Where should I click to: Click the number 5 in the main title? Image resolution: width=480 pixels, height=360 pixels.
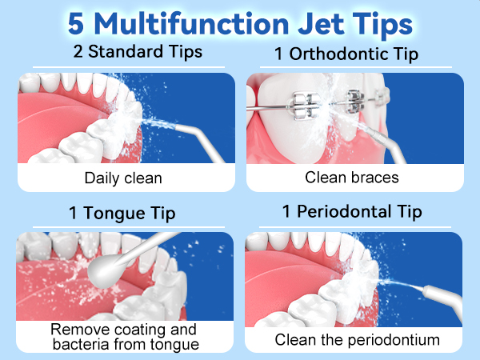[x=76, y=24]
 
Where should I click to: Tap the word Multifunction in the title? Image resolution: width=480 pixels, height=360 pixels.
[x=192, y=23]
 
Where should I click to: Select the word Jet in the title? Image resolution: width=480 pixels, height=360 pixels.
[x=321, y=24]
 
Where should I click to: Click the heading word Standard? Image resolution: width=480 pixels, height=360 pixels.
[x=126, y=51]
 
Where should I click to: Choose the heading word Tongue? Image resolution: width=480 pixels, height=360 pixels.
[x=114, y=214]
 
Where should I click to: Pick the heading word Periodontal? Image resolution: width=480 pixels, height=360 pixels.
[x=344, y=211]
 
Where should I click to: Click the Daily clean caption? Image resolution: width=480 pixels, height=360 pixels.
[x=123, y=178]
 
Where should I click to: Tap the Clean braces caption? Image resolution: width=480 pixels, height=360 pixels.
[x=352, y=178]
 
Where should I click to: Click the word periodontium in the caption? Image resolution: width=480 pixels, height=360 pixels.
[x=394, y=341]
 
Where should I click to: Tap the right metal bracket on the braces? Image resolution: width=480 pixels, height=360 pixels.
[x=355, y=102]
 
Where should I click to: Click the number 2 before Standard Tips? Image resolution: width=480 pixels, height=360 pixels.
[x=78, y=51]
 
